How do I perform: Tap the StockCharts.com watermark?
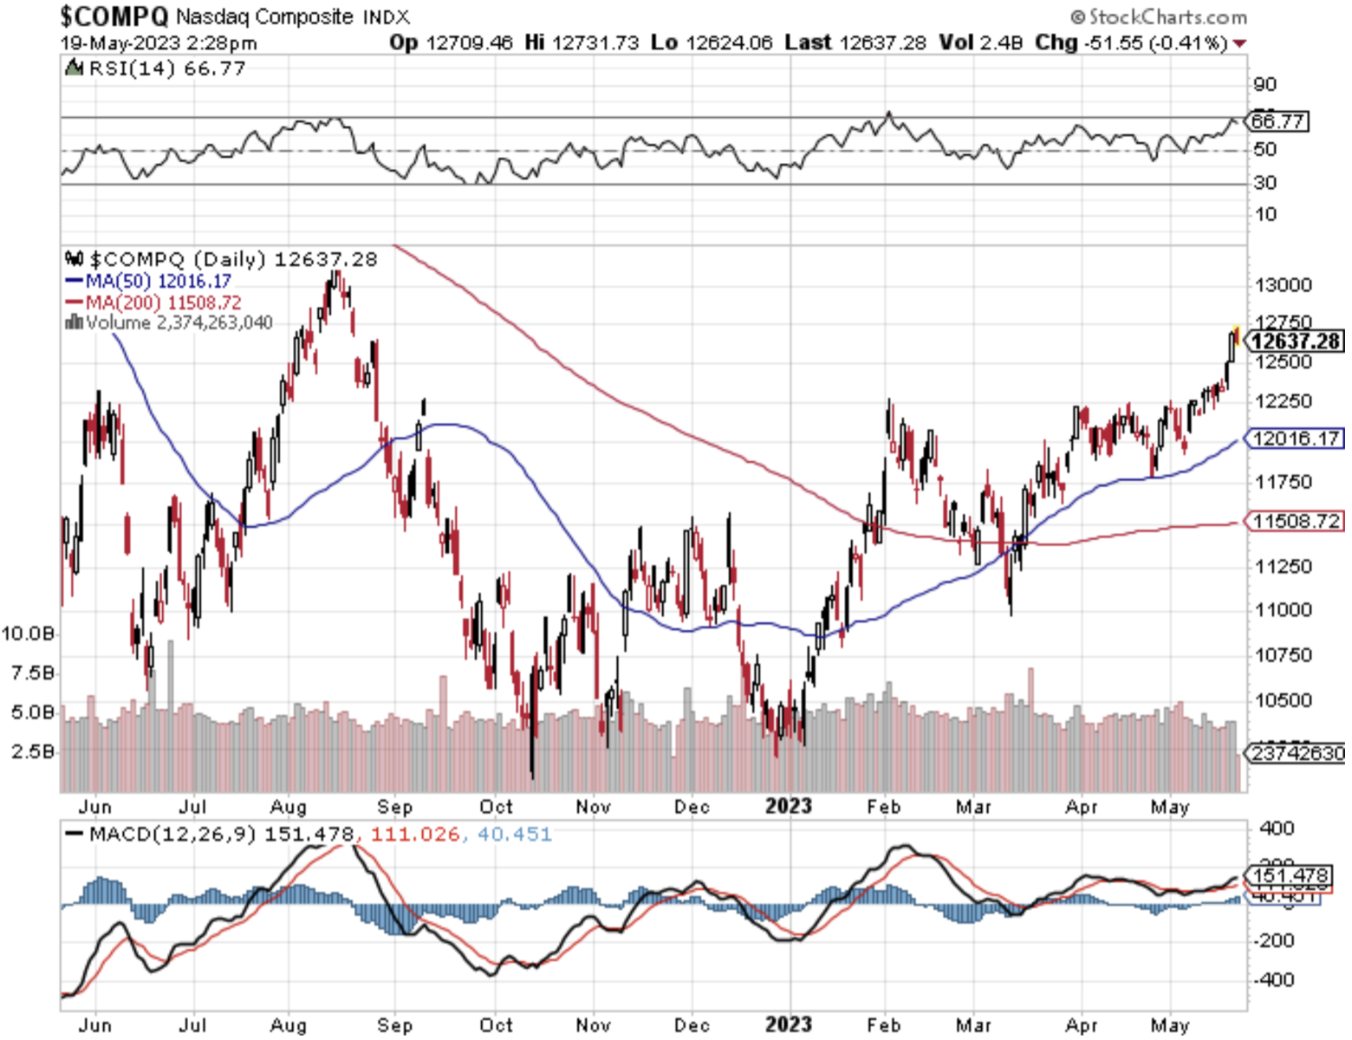click(x=1159, y=16)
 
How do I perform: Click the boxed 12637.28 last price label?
click(x=1295, y=341)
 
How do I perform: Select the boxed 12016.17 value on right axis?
click(x=1295, y=439)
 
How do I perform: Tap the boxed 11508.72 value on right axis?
click(x=1295, y=521)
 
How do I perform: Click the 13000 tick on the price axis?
click(x=1283, y=285)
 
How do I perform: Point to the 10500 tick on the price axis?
click(x=1283, y=700)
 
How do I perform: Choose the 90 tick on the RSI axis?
click(x=1264, y=84)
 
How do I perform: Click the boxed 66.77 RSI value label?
click(x=1277, y=121)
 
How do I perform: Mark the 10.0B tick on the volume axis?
click(x=28, y=634)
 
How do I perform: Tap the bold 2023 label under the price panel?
click(x=788, y=806)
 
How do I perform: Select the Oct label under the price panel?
click(x=496, y=807)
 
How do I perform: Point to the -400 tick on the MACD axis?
click(x=1274, y=979)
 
